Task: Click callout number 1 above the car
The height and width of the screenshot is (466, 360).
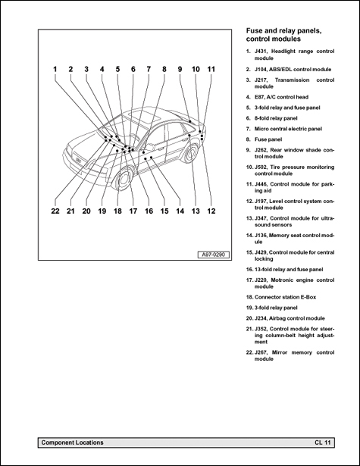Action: click(x=55, y=69)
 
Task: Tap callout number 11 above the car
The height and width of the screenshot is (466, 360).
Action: click(x=211, y=69)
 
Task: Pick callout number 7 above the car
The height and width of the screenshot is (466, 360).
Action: click(x=149, y=69)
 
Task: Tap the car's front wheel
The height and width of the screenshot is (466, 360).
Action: click(x=118, y=182)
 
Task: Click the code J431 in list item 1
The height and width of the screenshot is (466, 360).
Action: click(x=261, y=51)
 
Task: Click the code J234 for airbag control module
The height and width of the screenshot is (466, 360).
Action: click(x=261, y=318)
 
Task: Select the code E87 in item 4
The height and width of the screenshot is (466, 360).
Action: click(x=261, y=97)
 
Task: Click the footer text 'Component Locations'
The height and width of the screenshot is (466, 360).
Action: click(x=72, y=442)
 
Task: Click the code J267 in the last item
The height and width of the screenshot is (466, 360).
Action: click(x=261, y=352)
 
